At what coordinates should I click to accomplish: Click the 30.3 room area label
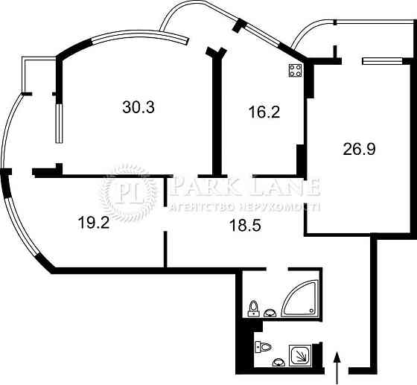point(139,107)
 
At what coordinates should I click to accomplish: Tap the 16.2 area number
point(264,112)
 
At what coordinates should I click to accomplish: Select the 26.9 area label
point(359,149)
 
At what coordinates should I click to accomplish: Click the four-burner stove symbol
point(296,71)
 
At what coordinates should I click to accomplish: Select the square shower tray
point(300,355)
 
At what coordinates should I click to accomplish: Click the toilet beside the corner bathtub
point(254,308)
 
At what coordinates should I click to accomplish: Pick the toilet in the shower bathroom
point(263,347)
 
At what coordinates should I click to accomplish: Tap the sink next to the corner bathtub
point(270,313)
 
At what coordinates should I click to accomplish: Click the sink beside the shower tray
point(278,362)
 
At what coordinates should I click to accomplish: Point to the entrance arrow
point(337,368)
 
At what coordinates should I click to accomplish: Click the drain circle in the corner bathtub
point(311,311)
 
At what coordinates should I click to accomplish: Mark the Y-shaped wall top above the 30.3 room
point(216,53)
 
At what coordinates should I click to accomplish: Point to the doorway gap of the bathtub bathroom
point(277,269)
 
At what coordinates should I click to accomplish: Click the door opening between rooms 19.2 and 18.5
point(165,218)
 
